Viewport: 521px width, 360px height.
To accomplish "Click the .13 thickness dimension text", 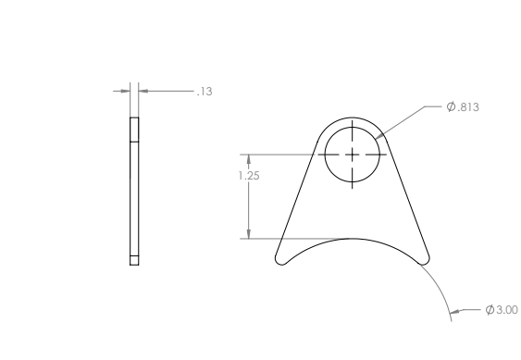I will click(x=205, y=91).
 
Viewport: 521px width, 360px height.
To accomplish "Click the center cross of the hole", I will click(x=353, y=154).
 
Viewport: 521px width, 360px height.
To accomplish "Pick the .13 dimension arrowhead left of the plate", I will click(x=125, y=91).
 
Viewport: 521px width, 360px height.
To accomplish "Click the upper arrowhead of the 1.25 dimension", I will click(x=249, y=158).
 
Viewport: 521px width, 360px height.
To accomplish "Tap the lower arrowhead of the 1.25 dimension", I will click(x=249, y=234).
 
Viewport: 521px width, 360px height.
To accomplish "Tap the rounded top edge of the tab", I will click(x=353, y=118).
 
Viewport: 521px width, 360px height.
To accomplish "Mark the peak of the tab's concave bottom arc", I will click(x=353, y=239).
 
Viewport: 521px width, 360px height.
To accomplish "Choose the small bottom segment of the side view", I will click(x=134, y=260).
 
